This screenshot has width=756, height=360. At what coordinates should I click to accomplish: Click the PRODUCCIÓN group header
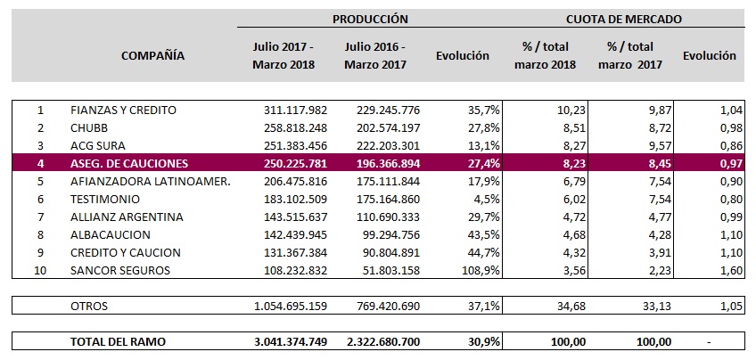coord(370,19)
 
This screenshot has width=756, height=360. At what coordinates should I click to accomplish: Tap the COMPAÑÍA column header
coord(152,55)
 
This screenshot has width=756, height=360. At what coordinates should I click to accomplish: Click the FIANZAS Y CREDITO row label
coord(123,110)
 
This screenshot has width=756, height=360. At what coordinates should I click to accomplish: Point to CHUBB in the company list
coord(88,128)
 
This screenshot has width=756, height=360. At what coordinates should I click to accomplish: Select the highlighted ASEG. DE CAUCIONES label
coord(130,164)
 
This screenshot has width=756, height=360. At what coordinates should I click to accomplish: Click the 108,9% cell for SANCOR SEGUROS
coord(469,270)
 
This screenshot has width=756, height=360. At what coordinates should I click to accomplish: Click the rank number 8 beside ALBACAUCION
coord(40,235)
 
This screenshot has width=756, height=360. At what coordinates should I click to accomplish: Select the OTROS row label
coord(89,307)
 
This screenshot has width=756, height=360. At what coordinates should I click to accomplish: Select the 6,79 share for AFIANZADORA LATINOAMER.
coord(555,182)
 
